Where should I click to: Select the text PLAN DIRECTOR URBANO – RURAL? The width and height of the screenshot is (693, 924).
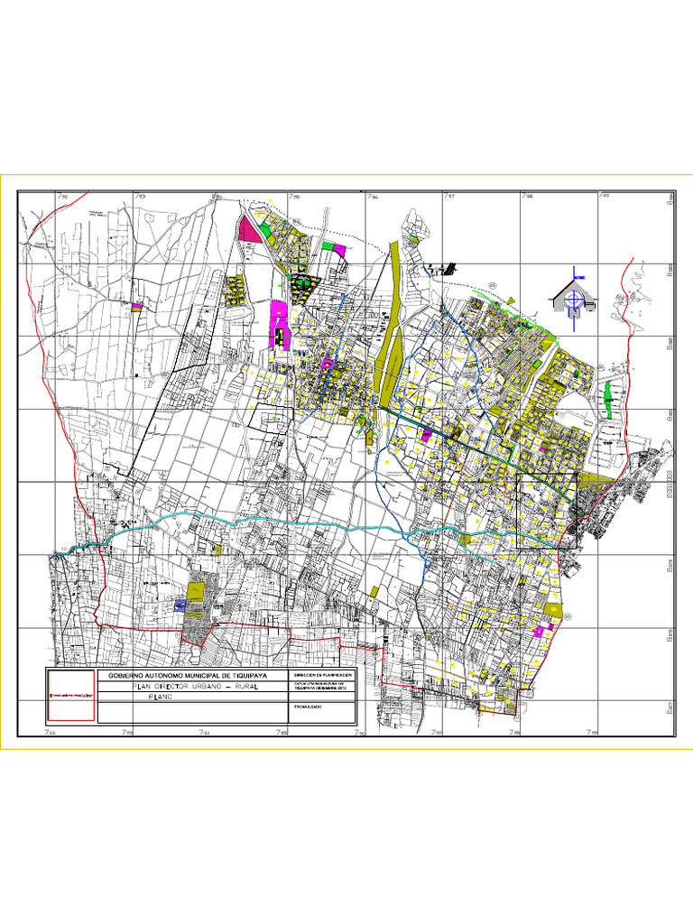pyautogui.click(x=193, y=687)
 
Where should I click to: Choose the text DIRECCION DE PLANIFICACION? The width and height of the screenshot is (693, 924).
pyautogui.click(x=320, y=675)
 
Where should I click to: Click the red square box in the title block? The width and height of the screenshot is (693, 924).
pyautogui.click(x=71, y=695)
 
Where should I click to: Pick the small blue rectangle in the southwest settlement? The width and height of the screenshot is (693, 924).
pyautogui.click(x=179, y=607)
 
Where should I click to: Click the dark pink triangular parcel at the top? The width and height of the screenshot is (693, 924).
pyautogui.click(x=248, y=229)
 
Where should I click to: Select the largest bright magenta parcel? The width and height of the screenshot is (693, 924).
pyautogui.click(x=280, y=320)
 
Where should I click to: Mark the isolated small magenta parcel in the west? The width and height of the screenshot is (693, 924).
pyautogui.click(x=137, y=308)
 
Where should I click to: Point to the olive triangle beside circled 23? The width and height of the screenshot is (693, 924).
pyautogui.click(x=508, y=298)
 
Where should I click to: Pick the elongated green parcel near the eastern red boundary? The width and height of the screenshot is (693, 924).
pyautogui.click(x=609, y=393)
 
